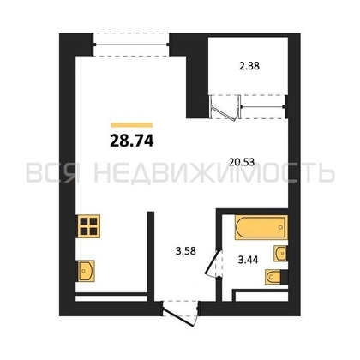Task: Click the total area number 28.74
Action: click(132, 141)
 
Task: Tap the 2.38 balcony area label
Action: click(249, 66)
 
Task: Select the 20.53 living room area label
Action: click(242, 162)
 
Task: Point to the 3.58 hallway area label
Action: click(186, 251)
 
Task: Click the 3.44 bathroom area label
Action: click(249, 260)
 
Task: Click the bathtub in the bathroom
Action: click(261, 227)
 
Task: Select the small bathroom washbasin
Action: click(280, 253)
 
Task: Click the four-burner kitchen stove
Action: click(88, 226)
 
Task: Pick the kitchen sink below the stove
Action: click(85, 271)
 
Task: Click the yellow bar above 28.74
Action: click(132, 125)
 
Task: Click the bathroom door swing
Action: click(212, 263)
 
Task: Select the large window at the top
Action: click(131, 45)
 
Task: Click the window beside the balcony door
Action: click(263, 107)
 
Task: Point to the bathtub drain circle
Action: click(280, 227)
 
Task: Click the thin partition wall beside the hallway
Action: click(151, 256)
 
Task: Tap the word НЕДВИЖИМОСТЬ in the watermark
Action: click(214, 173)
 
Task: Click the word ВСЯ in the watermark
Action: click(53, 173)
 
